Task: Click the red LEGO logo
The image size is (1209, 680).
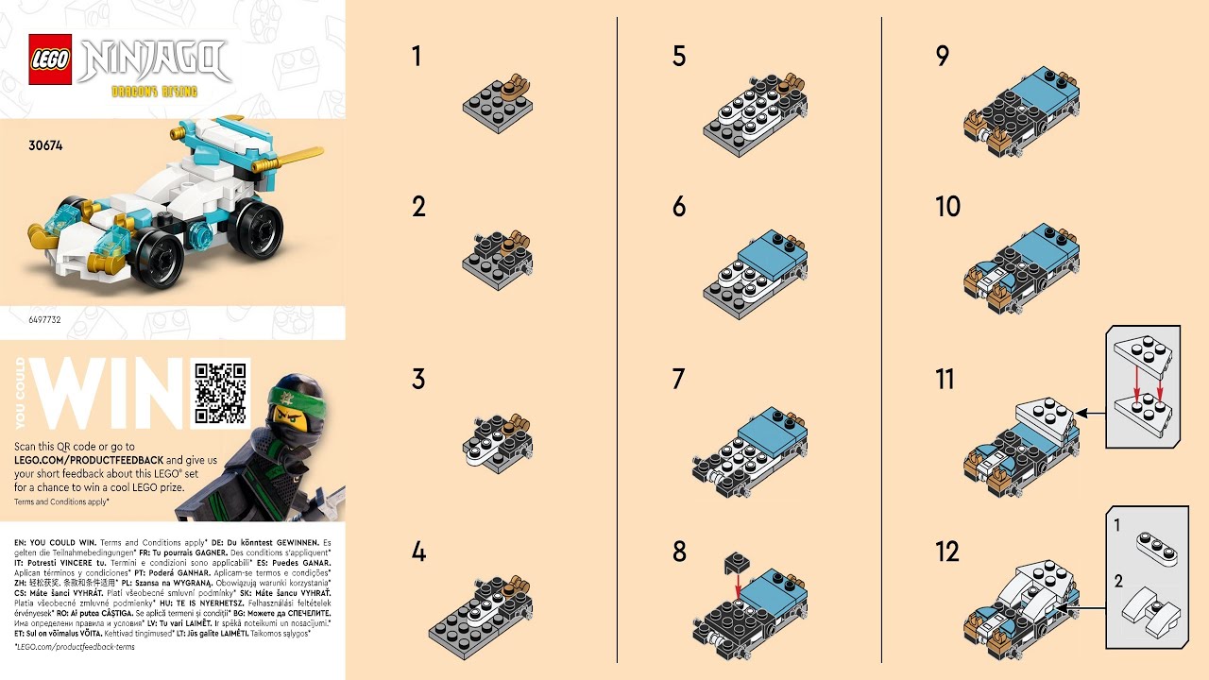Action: [49, 59]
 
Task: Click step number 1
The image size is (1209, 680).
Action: [417, 57]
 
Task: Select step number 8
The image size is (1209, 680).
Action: [679, 552]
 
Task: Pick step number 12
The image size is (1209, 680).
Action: [947, 552]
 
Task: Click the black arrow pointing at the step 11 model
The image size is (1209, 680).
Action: [1091, 413]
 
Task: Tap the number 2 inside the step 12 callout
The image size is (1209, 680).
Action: [1118, 581]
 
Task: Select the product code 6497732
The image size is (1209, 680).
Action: [44, 320]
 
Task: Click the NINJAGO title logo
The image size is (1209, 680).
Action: [155, 59]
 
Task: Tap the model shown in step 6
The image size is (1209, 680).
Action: [756, 269]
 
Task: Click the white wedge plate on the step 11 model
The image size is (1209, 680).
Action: [1044, 416]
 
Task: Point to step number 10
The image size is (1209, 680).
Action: [947, 207]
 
